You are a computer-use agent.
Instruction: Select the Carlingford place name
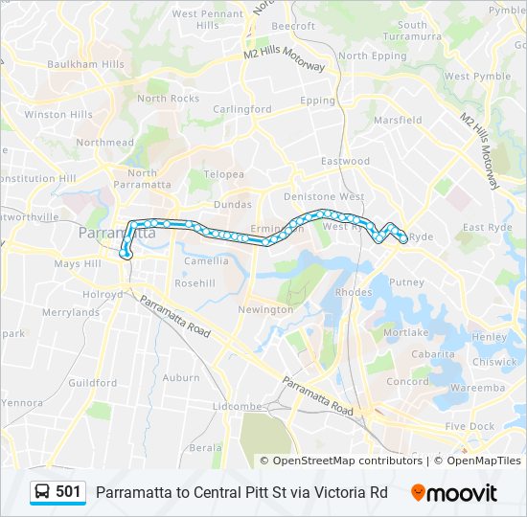tap(242, 109)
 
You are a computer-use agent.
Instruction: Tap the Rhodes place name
tap(354, 292)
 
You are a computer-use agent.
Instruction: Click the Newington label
tap(265, 309)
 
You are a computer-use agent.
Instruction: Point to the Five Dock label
tap(470, 426)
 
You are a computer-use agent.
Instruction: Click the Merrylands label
tap(71, 312)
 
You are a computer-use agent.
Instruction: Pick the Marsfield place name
tap(398, 121)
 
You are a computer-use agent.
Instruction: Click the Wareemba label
tap(477, 388)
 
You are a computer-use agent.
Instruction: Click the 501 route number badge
tap(68, 492)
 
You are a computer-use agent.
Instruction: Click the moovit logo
tap(454, 493)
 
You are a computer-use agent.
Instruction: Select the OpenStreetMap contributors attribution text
tap(347, 461)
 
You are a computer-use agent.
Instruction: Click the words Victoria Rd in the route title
tap(355, 492)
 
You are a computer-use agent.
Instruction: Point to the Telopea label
tap(223, 174)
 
